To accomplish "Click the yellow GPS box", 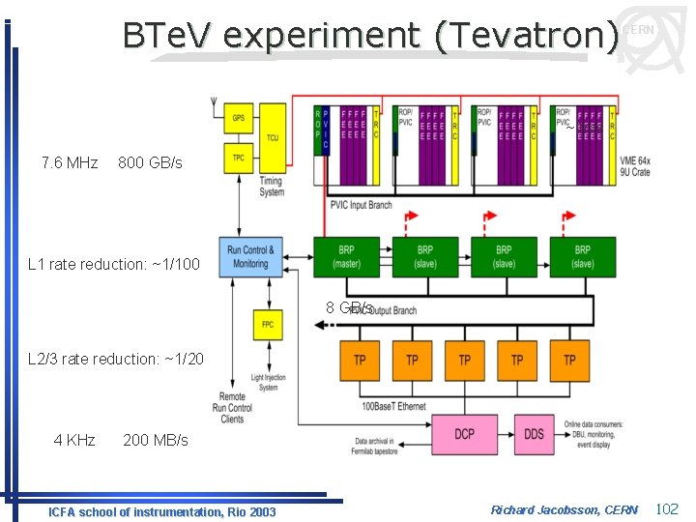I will tap(238, 119).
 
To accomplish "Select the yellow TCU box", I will tap(273, 137).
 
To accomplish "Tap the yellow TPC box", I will tap(238, 158).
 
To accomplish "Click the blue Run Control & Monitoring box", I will tap(248, 257).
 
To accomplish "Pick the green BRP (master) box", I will tap(345, 256).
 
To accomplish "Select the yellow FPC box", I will tap(267, 324).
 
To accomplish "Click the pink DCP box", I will tap(465, 434).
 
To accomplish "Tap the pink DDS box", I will tap(535, 434).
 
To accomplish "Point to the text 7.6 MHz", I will tap(70, 162).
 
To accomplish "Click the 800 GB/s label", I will tap(150, 162).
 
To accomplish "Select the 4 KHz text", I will tap(74, 440).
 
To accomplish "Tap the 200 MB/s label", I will tap(156, 440).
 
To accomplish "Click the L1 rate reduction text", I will tap(114, 264).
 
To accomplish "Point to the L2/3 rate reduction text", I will tap(116, 359).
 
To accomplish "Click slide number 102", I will tap(667, 508).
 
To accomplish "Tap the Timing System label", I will tap(272, 187).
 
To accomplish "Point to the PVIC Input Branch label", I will tap(361, 204).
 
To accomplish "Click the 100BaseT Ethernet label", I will tap(392, 406).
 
